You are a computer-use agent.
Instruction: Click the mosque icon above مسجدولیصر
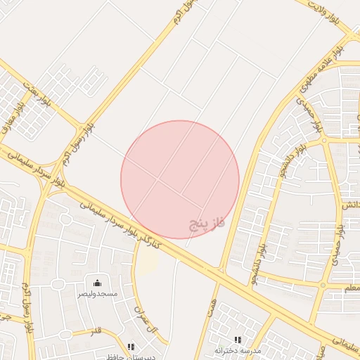click(x=97, y=283)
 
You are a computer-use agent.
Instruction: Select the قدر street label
click(x=96, y=330)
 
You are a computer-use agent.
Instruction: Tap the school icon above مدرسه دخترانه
click(x=237, y=340)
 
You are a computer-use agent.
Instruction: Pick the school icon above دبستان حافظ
click(x=131, y=346)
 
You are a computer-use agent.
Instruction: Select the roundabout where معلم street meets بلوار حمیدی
click(x=323, y=286)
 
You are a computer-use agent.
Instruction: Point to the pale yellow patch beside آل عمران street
click(x=147, y=262)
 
